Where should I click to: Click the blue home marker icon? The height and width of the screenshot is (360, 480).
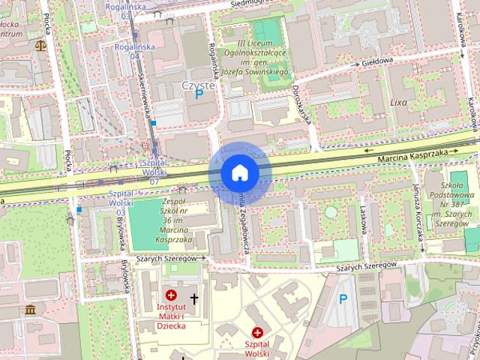click(240, 172)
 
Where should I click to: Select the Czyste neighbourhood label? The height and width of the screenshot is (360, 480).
click(198, 85)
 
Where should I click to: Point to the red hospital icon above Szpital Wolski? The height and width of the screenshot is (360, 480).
click(257, 331)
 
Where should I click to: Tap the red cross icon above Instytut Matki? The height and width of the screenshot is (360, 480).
click(172, 295)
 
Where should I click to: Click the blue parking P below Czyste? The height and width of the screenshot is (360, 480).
click(199, 96)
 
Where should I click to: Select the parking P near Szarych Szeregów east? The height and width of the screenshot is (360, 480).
click(343, 299)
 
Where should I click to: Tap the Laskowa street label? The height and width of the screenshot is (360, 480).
click(363, 221)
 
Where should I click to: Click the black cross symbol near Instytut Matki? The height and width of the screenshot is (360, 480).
click(194, 298)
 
